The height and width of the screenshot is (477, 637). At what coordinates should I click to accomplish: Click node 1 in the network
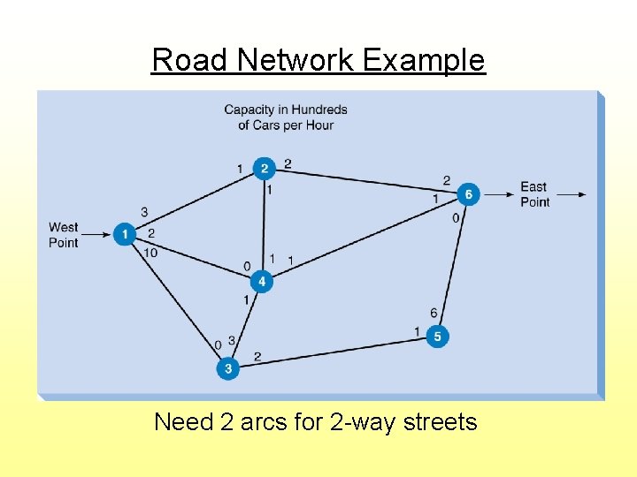click(x=125, y=234)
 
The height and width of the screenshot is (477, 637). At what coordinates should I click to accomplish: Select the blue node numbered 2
click(x=264, y=169)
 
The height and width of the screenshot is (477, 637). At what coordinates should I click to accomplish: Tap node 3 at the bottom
click(x=227, y=367)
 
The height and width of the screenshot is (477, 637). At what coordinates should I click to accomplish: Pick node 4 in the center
click(x=261, y=282)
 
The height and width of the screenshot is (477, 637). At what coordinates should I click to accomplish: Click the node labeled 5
click(x=437, y=337)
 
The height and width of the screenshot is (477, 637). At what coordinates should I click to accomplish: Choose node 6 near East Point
click(x=468, y=193)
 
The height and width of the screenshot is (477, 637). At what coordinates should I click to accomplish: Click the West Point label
click(x=64, y=235)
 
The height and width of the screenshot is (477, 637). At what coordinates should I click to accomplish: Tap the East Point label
click(x=534, y=194)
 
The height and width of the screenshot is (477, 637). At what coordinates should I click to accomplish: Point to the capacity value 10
click(x=150, y=253)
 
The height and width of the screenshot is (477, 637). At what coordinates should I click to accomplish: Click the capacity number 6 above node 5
click(x=434, y=313)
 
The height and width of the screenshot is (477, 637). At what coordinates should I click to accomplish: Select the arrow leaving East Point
click(x=570, y=194)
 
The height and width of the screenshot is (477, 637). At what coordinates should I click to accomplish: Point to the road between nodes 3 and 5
click(x=332, y=352)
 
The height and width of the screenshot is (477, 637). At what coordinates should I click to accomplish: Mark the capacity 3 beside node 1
click(x=144, y=212)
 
